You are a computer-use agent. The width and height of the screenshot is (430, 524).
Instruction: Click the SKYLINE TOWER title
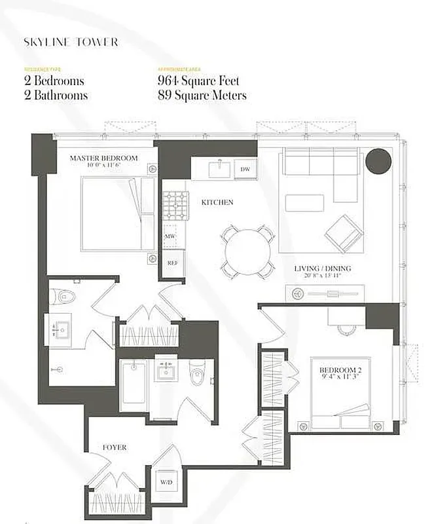[x=71, y=42]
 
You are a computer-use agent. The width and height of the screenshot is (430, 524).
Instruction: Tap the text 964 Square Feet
[x=198, y=81]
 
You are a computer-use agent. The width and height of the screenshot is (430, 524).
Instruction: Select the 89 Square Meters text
[x=202, y=95]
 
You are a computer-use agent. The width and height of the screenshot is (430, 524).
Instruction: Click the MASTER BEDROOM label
[x=103, y=158]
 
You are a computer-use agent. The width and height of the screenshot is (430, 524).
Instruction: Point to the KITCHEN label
[x=217, y=202]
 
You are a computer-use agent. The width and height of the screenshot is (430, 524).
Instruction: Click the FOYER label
[x=115, y=447]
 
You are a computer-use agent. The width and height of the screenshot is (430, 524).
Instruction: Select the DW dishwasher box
[x=245, y=169]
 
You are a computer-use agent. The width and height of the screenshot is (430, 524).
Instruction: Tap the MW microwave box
[x=169, y=236]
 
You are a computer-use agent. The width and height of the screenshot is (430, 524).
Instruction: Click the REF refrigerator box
[x=172, y=262]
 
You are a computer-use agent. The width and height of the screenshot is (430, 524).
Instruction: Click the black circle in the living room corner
[x=378, y=161]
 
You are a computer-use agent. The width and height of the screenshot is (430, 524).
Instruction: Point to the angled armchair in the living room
[x=342, y=233]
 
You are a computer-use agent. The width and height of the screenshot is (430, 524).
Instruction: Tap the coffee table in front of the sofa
[x=304, y=202]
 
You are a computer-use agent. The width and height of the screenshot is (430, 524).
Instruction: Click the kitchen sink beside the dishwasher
[x=217, y=170]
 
